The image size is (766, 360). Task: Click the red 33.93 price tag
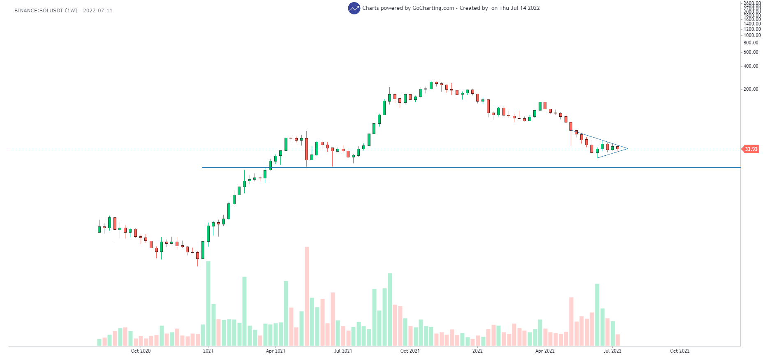point(751,149)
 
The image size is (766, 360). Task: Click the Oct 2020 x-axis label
point(141,351)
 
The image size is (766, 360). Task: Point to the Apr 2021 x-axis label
point(275,351)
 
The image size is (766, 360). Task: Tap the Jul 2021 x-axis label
point(343,351)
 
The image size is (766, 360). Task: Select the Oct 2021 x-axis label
point(410,351)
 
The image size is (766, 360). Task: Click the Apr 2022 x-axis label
point(545,351)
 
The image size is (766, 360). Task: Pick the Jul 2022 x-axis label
point(612,351)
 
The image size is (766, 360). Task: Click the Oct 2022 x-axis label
point(680,351)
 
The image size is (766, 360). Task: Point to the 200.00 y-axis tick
point(751,89)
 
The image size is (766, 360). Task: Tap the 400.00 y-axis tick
point(751,66)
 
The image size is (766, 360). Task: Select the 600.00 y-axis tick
point(751,52)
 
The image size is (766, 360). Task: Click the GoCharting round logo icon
point(354,8)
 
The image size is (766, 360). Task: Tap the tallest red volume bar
point(307,296)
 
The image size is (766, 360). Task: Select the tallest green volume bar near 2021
point(208,303)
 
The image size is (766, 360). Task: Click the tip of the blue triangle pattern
point(628,148)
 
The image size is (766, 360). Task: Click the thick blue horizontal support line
point(452,167)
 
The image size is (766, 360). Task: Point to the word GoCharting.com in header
point(433,8)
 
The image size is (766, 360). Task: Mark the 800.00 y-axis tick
point(751,43)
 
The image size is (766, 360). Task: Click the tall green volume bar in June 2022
point(597,314)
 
